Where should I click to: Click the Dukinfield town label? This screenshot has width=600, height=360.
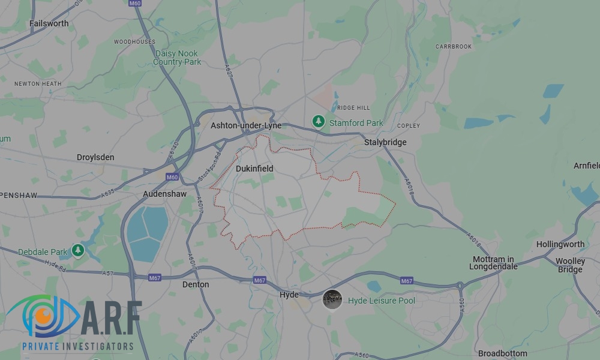[254, 169]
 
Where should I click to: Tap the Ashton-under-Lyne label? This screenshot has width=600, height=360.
[245, 126]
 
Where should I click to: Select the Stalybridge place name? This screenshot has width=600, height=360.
[385, 142]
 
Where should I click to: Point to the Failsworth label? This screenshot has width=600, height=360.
[49, 23]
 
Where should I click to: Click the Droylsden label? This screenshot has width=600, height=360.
[95, 157]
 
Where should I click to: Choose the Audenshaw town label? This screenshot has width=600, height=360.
[164, 194]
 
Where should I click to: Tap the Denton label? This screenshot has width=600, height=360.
[196, 284]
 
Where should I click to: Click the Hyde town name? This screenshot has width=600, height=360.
[289, 295]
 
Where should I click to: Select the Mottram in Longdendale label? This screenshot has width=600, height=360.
[495, 263]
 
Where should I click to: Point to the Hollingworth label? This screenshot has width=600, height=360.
[560, 244]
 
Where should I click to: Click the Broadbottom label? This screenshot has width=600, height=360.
[503, 353]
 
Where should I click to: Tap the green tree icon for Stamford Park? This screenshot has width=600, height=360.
[319, 122]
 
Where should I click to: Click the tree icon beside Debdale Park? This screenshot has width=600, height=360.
[77, 250]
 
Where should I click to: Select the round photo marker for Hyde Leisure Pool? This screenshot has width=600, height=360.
[332, 299]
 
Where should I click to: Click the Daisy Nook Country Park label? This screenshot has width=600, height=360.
[177, 58]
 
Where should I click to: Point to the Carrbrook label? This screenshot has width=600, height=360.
[454, 46]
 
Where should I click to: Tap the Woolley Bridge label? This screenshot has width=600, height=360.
[570, 265]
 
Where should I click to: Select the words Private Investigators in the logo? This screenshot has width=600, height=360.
[78, 346]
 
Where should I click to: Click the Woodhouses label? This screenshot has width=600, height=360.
[134, 42]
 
